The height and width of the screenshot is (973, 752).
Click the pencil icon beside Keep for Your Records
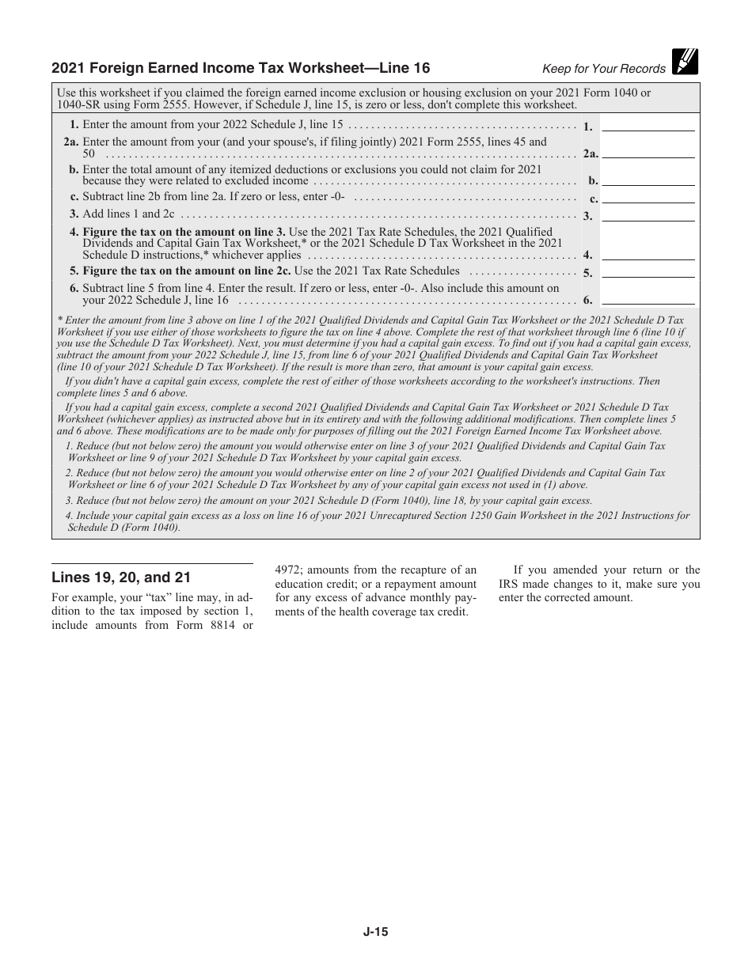pyautogui.click(x=685, y=62)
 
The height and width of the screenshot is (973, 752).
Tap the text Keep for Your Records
pyautogui.click(x=603, y=69)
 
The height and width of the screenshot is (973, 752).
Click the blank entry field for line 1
pyautogui.click(x=648, y=124)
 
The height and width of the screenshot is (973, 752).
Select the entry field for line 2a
pyautogui.click(x=648, y=152)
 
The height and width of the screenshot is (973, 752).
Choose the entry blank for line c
pyautogui.click(x=648, y=197)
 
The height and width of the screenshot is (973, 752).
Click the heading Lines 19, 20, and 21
pyautogui.click(x=121, y=577)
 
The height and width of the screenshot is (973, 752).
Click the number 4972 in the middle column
pyautogui.click(x=289, y=570)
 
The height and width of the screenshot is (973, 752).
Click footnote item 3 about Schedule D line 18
pyautogui.click(x=329, y=501)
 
